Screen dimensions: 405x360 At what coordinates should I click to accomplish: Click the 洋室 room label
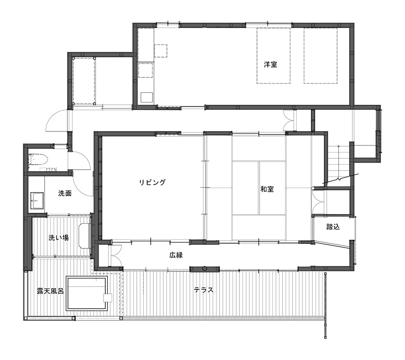tap(270, 64)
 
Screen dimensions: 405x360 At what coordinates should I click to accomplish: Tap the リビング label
tap(153, 183)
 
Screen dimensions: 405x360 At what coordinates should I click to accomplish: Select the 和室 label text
tap(267, 189)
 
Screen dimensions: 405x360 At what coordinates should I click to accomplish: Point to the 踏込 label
tap(333, 227)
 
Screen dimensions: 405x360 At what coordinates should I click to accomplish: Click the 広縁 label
tap(176, 255)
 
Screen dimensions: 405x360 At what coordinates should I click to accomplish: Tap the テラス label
tap(204, 290)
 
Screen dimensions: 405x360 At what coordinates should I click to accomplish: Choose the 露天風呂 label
tap(50, 291)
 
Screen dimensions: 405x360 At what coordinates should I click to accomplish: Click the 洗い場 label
tap(58, 238)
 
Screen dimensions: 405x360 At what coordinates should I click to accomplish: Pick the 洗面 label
tap(65, 193)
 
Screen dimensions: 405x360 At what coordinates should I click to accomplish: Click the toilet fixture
tap(38, 160)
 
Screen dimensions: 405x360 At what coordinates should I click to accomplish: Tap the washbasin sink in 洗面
tap(37, 200)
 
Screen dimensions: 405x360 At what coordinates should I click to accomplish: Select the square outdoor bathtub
tap(86, 294)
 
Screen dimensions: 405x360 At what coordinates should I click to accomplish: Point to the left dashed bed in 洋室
tap(274, 56)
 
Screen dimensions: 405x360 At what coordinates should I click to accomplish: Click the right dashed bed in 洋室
tap(320, 56)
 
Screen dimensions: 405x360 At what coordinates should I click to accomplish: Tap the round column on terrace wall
tap(205, 269)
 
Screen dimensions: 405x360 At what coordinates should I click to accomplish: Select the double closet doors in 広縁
tap(115, 256)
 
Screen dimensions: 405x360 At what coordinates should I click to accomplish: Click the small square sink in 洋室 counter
tap(147, 97)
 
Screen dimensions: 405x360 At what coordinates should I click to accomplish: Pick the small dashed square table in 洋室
tap(161, 51)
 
